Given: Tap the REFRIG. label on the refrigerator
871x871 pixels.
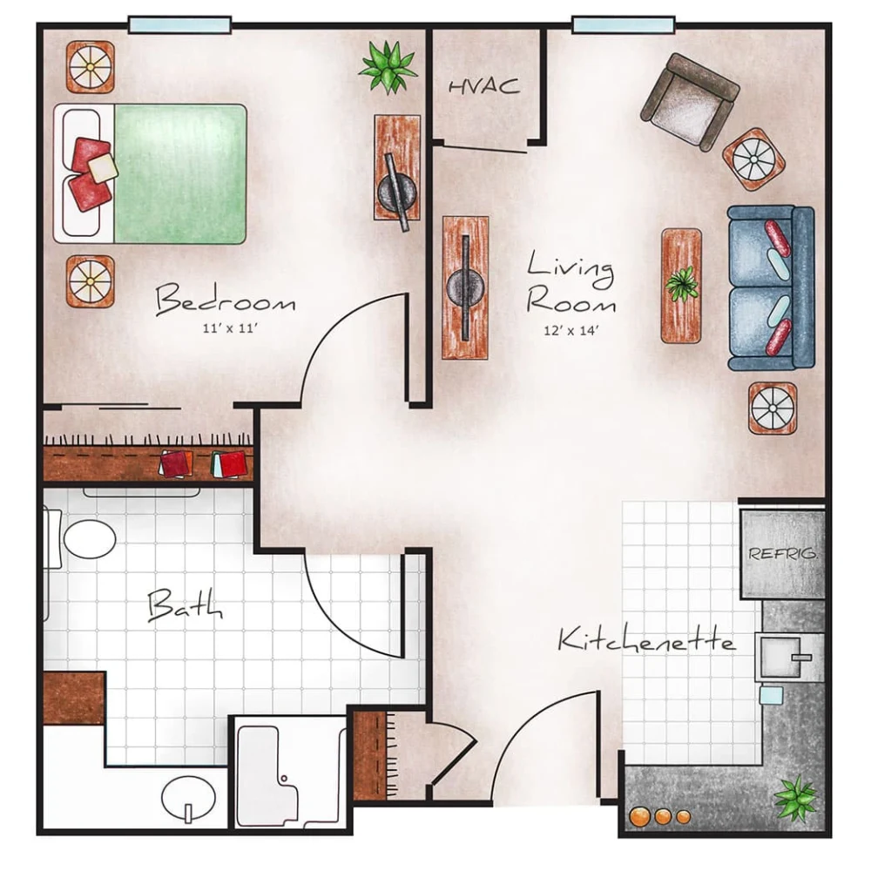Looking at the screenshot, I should click(782, 553).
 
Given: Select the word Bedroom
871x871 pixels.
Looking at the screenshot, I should click(225, 302).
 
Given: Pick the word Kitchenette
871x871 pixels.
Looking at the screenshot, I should click(645, 641).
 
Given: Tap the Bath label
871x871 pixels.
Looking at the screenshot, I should click(184, 604).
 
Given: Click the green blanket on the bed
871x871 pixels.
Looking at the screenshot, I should click(180, 173).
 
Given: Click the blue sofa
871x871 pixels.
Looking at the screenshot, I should click(771, 287).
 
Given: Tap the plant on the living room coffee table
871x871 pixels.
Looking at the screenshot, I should click(681, 284).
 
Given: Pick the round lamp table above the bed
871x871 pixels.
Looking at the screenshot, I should click(91, 66).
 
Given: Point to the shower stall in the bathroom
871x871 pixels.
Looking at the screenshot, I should click(289, 771).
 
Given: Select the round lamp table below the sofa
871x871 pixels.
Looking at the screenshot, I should click(773, 407).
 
